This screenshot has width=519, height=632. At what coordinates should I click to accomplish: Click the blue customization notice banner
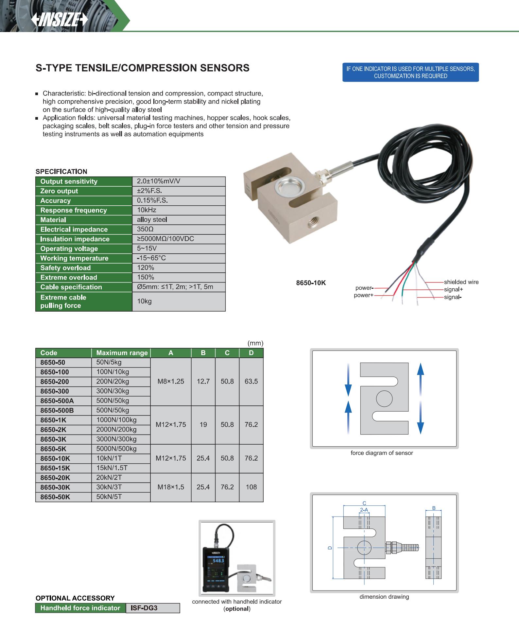point(410,72)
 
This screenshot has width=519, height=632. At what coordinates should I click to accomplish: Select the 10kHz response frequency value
point(147,210)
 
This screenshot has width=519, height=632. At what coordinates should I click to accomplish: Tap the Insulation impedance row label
point(75,239)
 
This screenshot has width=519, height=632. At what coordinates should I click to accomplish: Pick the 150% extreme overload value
point(146,277)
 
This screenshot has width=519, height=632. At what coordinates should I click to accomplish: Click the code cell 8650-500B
point(57,410)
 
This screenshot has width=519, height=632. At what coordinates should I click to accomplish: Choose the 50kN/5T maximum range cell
point(109,497)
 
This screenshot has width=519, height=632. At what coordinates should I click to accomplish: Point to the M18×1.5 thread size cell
point(171,487)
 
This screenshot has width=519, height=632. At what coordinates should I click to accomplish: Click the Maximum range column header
point(122,353)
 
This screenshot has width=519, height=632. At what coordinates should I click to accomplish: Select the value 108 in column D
point(251,487)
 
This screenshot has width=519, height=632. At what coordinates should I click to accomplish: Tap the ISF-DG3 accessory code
point(144,608)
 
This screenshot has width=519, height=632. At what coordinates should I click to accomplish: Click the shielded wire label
point(461,282)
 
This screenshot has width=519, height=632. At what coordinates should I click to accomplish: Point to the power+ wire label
point(364,295)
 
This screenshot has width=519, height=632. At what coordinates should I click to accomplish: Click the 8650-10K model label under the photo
point(311,283)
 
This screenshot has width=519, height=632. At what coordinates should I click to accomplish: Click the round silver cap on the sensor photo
point(287,188)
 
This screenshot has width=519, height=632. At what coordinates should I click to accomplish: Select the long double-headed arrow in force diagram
point(421,399)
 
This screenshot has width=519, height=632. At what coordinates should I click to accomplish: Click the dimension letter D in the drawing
point(330,547)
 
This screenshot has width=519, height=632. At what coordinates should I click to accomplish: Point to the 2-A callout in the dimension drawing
point(364,510)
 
